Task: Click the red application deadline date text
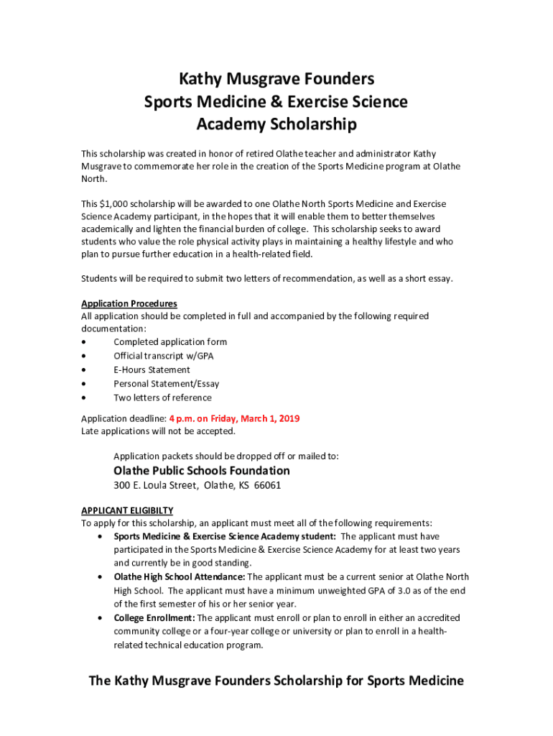(x=234, y=418)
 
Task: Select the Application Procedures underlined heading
(x=129, y=303)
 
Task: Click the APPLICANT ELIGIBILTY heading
(x=127, y=510)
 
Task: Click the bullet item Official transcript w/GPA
(x=164, y=356)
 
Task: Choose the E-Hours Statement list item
(x=152, y=369)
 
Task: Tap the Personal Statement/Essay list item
(x=167, y=384)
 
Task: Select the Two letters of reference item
(x=162, y=397)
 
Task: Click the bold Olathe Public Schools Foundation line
(x=202, y=471)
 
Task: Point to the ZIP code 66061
(x=267, y=485)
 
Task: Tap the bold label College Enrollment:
(x=154, y=618)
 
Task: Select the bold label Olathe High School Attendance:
(x=180, y=577)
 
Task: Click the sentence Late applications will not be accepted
(x=158, y=431)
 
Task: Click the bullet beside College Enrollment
(x=98, y=618)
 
